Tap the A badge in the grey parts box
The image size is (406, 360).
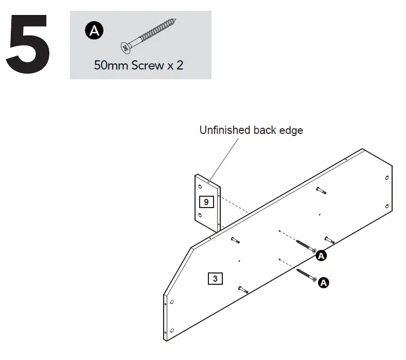click(x=93, y=31)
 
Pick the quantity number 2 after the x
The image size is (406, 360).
click(x=180, y=66)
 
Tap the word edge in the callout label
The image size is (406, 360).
click(x=291, y=130)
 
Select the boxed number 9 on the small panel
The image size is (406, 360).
click(x=206, y=201)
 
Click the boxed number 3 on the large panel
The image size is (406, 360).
click(x=215, y=279)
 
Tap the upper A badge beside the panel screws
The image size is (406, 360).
click(x=321, y=255)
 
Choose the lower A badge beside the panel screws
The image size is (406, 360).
click(x=323, y=282)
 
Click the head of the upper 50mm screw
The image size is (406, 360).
click(x=313, y=250)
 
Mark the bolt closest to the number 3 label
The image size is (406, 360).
click(x=243, y=290)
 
